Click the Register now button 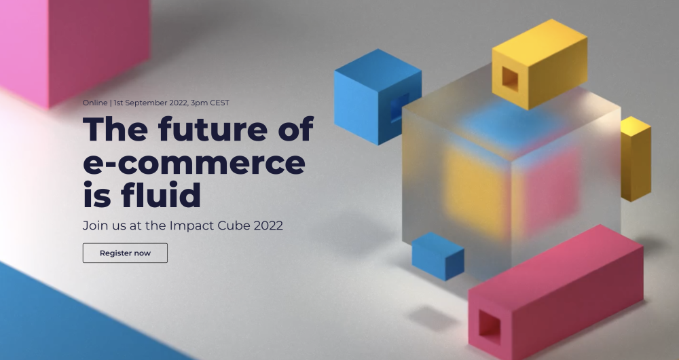[125, 253]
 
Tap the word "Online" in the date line [94, 103]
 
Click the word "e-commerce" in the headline [194, 163]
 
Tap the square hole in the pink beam [489, 324]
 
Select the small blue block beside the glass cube [438, 256]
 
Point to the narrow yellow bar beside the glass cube [636, 160]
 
